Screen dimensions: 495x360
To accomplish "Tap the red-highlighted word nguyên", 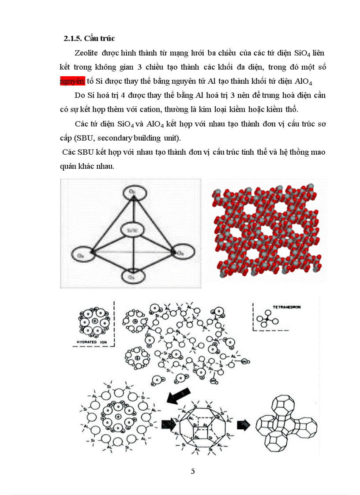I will coord(72,82).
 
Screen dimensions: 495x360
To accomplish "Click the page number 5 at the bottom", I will coord(193,471).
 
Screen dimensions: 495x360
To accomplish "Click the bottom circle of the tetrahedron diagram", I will coord(131,276).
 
